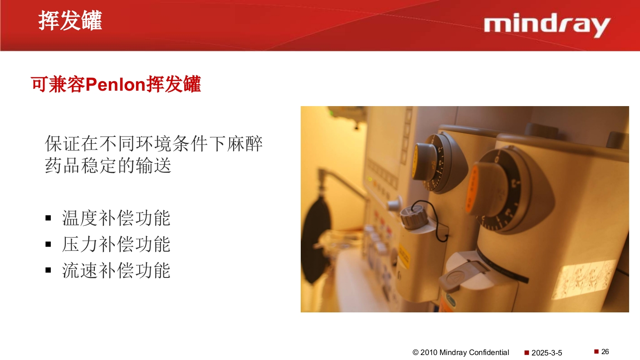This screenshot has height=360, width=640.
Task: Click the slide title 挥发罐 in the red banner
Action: coord(70,21)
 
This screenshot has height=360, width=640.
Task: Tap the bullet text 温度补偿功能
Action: coord(116,218)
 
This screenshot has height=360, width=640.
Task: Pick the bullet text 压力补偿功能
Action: coord(116,244)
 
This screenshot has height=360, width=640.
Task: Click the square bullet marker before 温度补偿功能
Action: coord(49,219)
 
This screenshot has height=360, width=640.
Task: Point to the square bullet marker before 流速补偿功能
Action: coord(49,271)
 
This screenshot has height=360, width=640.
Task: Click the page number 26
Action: coord(605,352)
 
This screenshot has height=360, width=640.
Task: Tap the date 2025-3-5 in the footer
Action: coord(547,353)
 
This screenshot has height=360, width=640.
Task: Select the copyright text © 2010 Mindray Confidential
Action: coord(461,352)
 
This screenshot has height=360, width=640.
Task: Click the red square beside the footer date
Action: coord(527,353)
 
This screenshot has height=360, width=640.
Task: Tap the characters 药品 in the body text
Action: coord(63,165)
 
